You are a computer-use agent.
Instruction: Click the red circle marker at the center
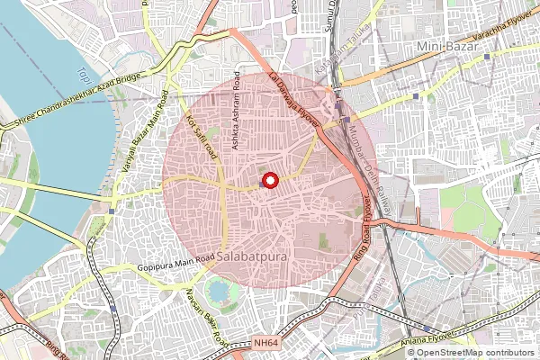coord(270,181)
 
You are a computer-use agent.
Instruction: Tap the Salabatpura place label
coord(254,256)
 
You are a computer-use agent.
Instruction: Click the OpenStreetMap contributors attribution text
coord(472,353)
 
